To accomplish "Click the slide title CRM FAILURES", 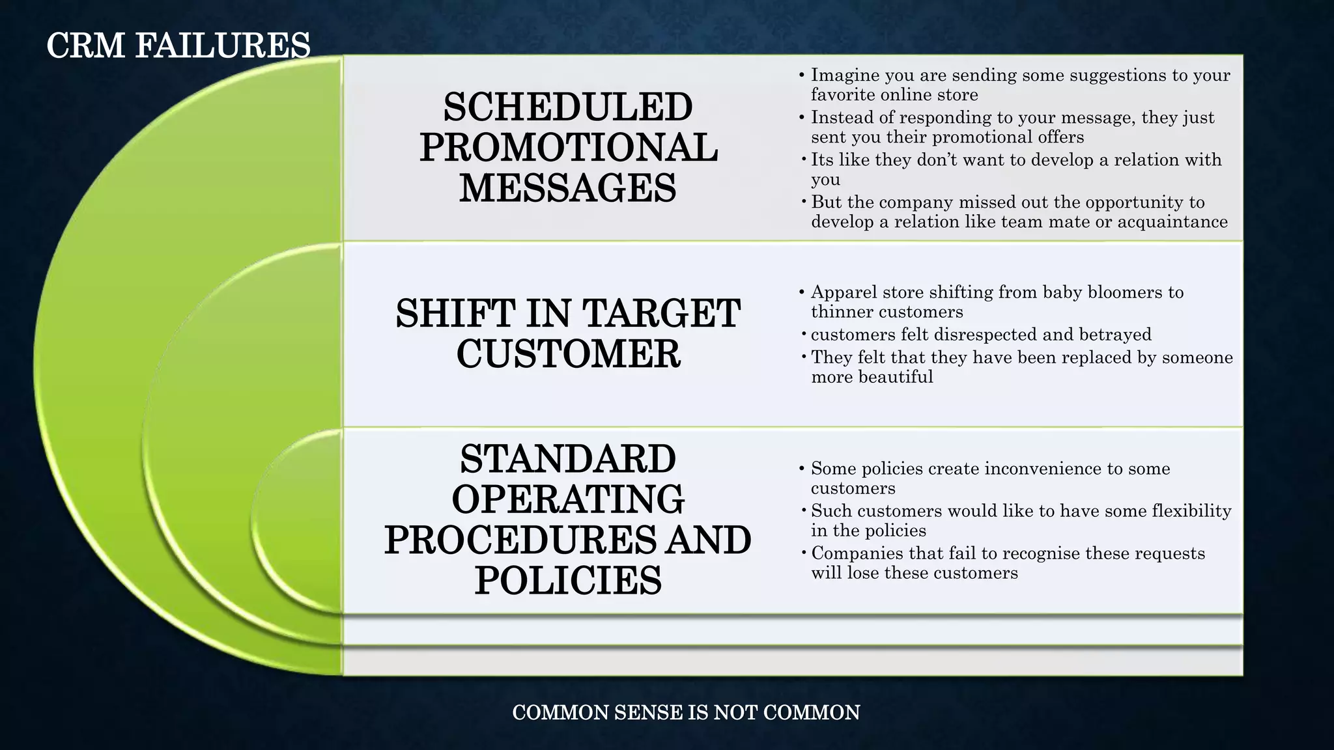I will coord(178,46).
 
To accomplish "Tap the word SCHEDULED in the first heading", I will coord(567,107).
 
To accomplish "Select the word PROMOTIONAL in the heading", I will coord(568,148).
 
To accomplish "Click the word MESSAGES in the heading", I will coord(567,188).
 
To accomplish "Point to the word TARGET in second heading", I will coord(661,314).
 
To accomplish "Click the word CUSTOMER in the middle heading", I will coord(568,354).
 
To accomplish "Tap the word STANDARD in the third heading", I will coord(567,459).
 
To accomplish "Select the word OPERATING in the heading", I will coord(567,499).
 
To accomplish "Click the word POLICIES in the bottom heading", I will coord(567,580).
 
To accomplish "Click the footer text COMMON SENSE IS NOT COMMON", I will coord(686,712).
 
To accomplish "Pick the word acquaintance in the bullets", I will coord(1172,222).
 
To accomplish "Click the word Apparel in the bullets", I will coord(844,292).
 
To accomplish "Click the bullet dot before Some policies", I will coord(802,469).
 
